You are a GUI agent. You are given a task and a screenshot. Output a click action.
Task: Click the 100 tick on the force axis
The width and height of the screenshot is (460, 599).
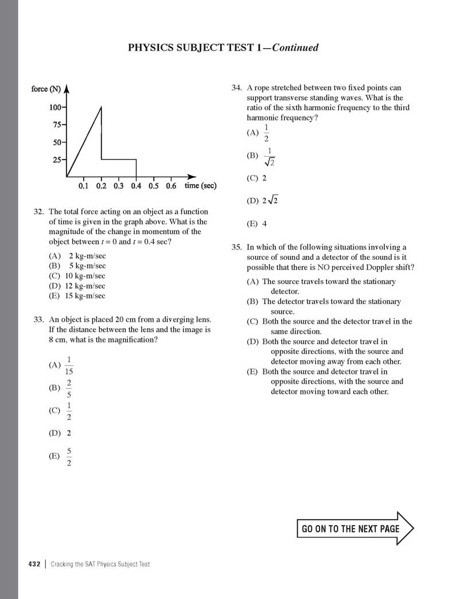click(56, 107)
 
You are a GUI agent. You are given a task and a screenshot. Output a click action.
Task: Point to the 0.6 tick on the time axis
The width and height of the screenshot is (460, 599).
click(171, 186)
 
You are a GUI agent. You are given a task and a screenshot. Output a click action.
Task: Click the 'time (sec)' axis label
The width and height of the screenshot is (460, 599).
click(200, 186)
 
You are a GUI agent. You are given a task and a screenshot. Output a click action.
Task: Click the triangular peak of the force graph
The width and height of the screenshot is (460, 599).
click(102, 107)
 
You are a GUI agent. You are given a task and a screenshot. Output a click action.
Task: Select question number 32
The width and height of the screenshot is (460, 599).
click(40, 212)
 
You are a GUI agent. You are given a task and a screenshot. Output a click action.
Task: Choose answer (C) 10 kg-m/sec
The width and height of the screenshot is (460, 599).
click(78, 276)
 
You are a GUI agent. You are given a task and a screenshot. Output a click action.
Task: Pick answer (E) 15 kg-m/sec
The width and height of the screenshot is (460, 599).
click(78, 296)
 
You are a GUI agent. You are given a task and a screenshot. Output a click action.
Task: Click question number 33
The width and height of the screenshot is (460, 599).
click(40, 320)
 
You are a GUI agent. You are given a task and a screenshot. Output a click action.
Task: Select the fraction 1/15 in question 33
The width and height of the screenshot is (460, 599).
click(69, 365)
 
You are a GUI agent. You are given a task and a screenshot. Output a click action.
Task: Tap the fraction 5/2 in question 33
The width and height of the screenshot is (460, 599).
click(69, 457)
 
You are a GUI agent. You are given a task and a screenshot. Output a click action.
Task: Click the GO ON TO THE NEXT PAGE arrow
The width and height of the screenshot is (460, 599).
click(356, 528)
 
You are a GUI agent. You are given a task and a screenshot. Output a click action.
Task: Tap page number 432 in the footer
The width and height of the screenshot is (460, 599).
click(34, 564)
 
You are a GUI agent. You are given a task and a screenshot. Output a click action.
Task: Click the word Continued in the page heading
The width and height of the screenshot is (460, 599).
click(295, 48)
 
